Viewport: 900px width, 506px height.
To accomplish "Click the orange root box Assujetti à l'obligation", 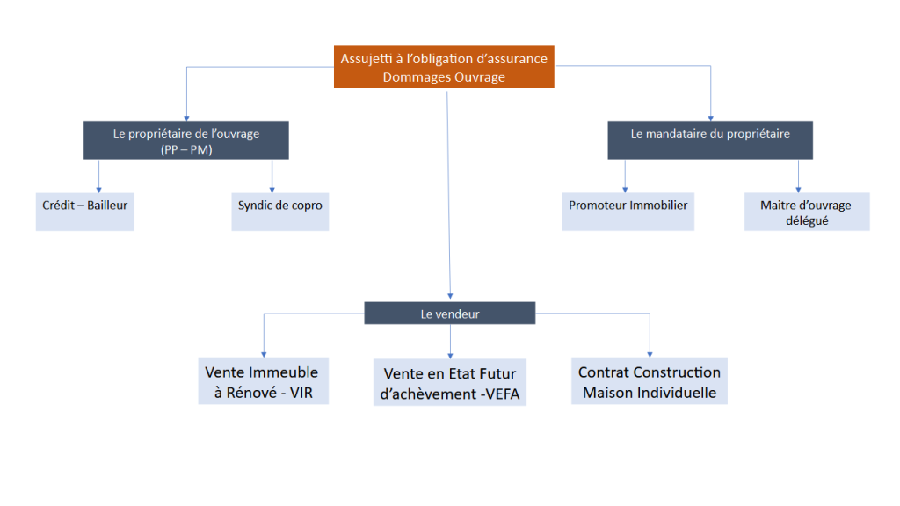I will point(444,67).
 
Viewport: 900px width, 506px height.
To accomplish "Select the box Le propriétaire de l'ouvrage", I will point(186,141).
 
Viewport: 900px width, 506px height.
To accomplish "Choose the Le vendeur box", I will point(450,314).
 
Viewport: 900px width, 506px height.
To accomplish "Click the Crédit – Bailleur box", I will point(85,211).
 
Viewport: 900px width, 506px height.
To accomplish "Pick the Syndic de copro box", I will point(279,211).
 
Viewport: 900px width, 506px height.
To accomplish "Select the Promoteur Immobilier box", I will point(628,211).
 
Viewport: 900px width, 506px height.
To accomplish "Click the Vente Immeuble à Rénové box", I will point(262,381).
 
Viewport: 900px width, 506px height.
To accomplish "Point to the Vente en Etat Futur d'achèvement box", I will point(450,382).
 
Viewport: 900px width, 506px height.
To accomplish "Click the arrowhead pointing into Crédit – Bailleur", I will point(98,188).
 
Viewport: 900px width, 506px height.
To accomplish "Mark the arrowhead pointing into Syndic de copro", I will point(272,188).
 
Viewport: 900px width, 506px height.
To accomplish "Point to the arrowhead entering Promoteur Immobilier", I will point(625,188).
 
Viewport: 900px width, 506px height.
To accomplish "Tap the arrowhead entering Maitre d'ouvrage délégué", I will point(799,188).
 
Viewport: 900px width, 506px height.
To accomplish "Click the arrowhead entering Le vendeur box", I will point(450,298).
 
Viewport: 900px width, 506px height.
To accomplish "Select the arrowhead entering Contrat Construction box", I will point(650,352).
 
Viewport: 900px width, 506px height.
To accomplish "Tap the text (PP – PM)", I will point(186,149).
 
